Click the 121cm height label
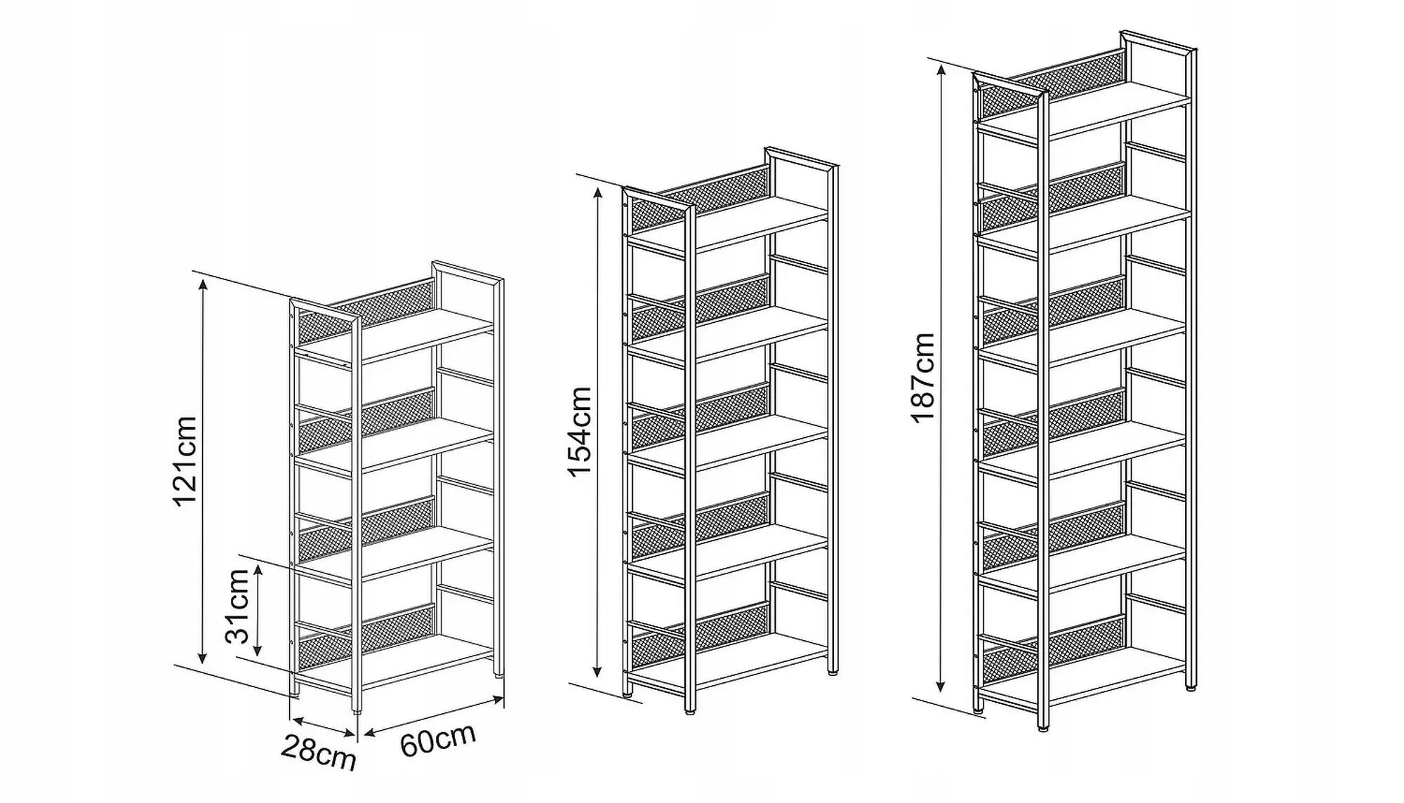[185, 461]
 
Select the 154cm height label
[580, 432]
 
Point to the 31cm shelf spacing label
[238, 606]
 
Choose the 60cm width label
[438, 740]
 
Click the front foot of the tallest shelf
[1042, 728]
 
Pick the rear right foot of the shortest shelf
[498, 675]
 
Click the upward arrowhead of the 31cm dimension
[258, 569]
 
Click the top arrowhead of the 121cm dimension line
[203, 284]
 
